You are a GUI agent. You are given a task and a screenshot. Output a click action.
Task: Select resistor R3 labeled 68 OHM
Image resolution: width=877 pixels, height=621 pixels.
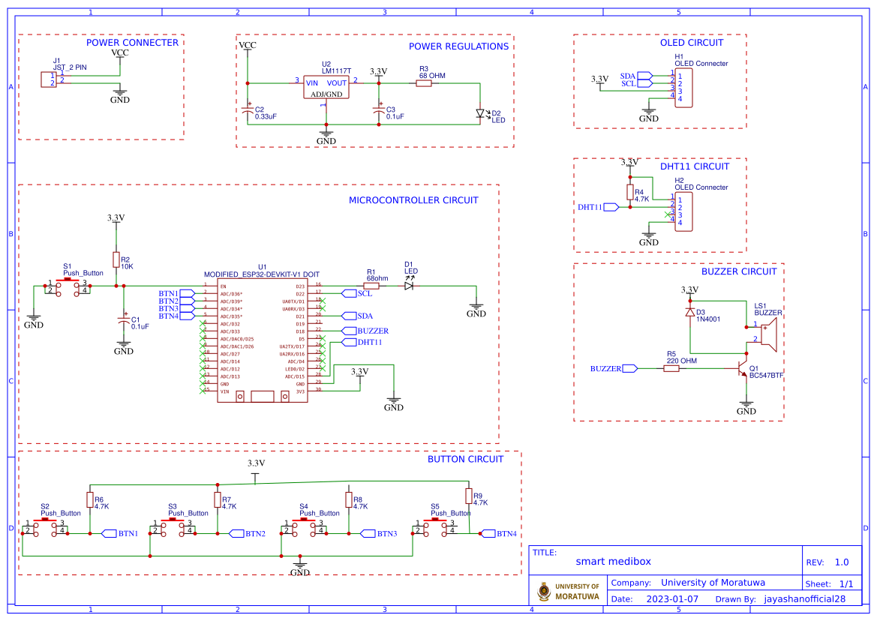pyautogui.click(x=423, y=83)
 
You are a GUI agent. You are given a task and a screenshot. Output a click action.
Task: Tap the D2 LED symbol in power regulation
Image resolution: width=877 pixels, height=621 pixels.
pyautogui.click(x=481, y=114)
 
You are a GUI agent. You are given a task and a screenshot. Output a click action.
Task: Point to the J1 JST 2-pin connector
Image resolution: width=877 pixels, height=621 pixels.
pyautogui.click(x=48, y=79)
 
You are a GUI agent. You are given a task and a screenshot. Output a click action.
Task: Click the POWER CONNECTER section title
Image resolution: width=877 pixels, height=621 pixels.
pyautogui.click(x=132, y=43)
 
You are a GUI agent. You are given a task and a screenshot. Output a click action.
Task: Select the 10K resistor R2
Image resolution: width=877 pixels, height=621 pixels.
pyautogui.click(x=116, y=259)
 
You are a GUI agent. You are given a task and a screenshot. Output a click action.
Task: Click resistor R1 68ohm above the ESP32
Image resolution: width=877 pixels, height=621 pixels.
pyautogui.click(x=371, y=286)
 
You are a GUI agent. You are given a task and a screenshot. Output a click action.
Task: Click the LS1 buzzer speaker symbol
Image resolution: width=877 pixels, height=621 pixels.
pyautogui.click(x=767, y=332)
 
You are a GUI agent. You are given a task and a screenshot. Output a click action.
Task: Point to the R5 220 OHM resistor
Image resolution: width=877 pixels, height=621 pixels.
pyautogui.click(x=672, y=369)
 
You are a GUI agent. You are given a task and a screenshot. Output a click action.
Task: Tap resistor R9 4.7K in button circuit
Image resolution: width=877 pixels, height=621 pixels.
pyautogui.click(x=468, y=496)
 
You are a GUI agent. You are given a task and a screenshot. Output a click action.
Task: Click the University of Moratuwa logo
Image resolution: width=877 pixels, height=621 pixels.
pyautogui.click(x=544, y=591)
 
